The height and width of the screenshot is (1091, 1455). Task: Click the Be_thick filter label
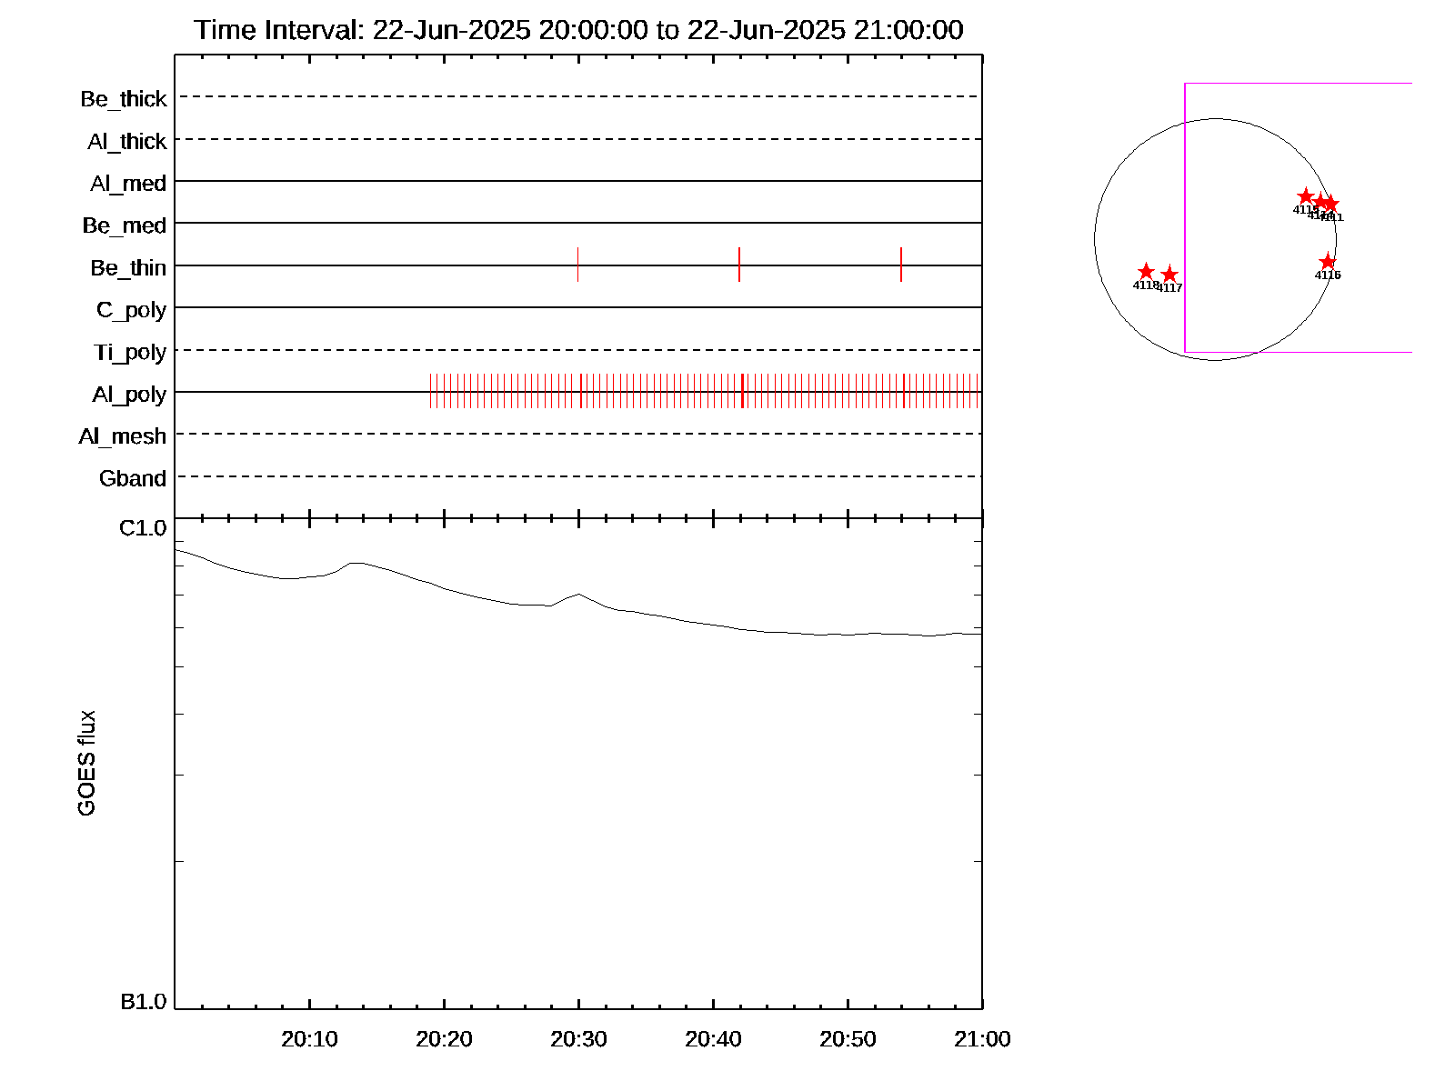(x=124, y=99)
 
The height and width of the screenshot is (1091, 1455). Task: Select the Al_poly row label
(x=129, y=395)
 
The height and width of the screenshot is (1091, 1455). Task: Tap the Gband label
(x=133, y=479)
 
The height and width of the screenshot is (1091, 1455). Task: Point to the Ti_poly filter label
(x=130, y=353)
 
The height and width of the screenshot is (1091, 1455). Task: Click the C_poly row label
(x=131, y=310)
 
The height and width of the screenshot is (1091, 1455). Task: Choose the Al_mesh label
(x=123, y=437)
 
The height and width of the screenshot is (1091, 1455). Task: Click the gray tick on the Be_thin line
(x=577, y=265)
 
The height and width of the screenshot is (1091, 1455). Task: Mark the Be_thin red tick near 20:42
(x=739, y=265)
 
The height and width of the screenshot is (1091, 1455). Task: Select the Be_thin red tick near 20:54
(x=901, y=265)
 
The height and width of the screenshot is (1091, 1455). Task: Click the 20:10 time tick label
(x=309, y=1039)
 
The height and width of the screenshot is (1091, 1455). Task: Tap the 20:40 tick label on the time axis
(x=713, y=1039)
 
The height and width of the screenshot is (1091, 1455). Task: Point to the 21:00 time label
(x=982, y=1039)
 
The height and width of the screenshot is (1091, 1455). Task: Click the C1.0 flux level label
(x=143, y=528)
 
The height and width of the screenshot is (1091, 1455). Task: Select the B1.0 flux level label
(x=143, y=1002)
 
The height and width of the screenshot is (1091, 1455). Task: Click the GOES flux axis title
(x=86, y=764)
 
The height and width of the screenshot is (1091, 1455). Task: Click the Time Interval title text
(x=578, y=30)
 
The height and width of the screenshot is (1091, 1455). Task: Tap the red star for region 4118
(x=1146, y=272)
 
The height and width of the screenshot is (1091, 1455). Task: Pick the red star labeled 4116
(x=1328, y=262)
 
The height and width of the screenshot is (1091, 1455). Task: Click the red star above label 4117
(x=1169, y=275)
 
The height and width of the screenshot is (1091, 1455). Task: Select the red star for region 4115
(x=1306, y=196)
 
